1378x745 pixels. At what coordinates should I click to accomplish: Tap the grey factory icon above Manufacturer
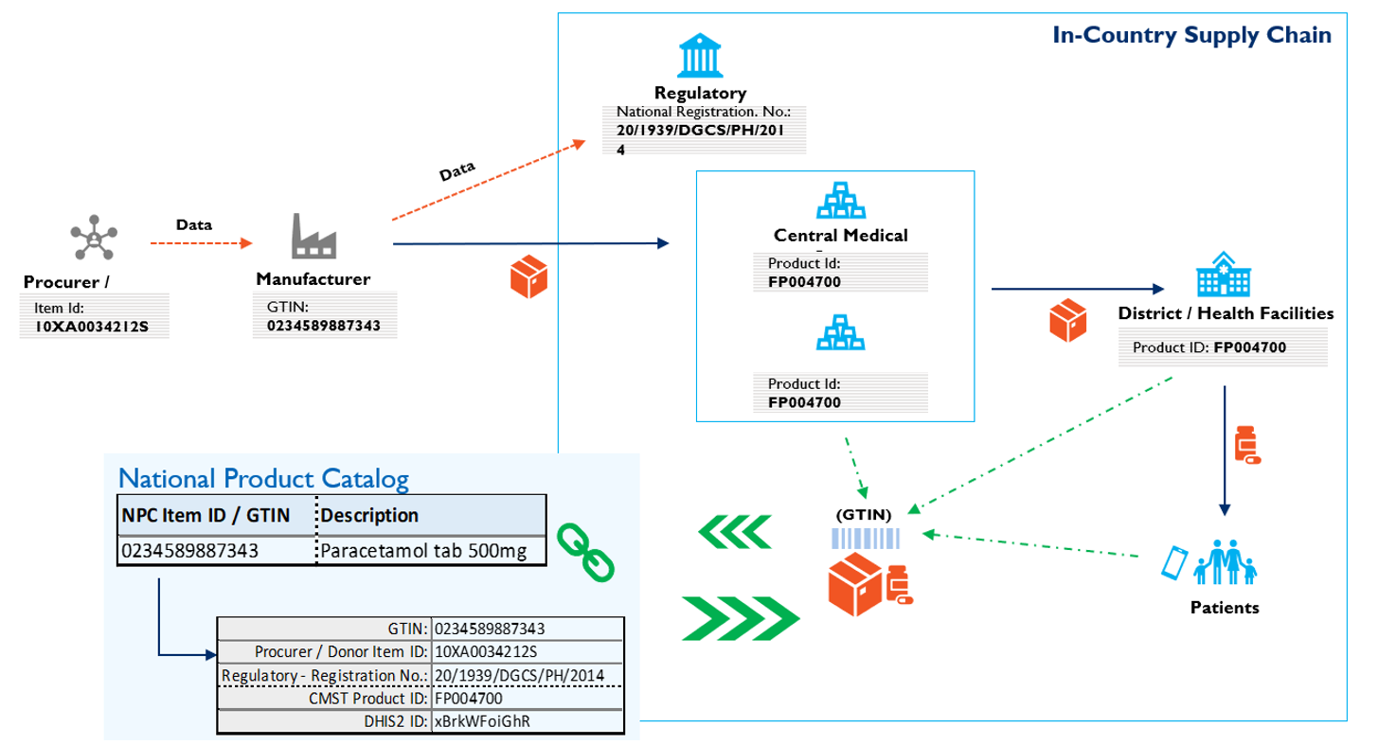[x=313, y=237]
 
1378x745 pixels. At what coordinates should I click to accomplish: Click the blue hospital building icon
[x=1222, y=274]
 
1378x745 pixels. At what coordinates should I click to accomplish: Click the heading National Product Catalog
[x=264, y=479]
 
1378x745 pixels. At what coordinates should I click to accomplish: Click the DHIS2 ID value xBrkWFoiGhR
[x=481, y=720]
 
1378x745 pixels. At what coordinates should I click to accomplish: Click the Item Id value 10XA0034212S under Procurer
[x=93, y=327]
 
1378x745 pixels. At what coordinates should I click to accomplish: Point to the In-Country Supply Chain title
[x=1192, y=36]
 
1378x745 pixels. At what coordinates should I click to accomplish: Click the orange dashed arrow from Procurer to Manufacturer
[x=201, y=243]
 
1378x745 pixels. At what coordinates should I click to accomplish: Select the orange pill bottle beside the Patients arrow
[x=1247, y=445]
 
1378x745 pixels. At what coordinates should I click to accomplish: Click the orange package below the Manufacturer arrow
[x=529, y=275]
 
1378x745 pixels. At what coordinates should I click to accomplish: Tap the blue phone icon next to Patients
[x=1174, y=562]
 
